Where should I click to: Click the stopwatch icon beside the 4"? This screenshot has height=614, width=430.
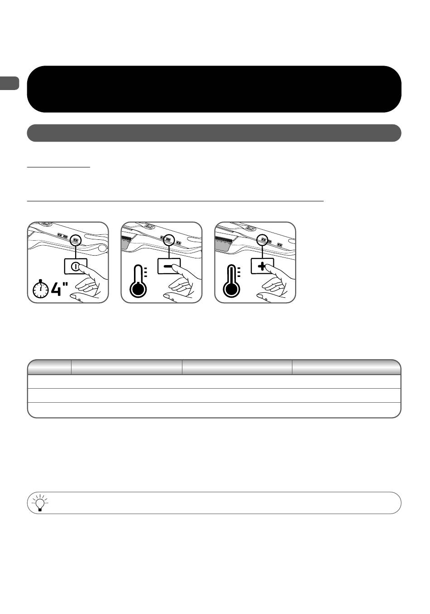click(x=41, y=289)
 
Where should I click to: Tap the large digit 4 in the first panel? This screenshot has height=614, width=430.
click(x=56, y=289)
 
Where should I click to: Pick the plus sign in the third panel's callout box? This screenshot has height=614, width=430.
click(x=262, y=266)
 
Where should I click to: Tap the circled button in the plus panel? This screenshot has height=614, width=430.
click(x=262, y=240)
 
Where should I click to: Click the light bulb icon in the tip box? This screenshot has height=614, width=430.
click(x=40, y=503)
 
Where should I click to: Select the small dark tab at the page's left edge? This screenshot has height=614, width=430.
click(x=10, y=83)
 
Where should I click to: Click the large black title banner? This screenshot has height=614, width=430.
click(x=214, y=89)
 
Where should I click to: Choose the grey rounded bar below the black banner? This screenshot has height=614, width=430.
click(x=214, y=133)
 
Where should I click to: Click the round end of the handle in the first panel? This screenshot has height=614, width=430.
click(x=102, y=248)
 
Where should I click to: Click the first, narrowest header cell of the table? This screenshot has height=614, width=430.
click(x=50, y=367)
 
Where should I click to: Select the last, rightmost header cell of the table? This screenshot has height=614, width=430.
click(x=346, y=367)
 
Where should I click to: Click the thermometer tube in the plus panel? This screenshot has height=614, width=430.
click(x=232, y=274)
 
